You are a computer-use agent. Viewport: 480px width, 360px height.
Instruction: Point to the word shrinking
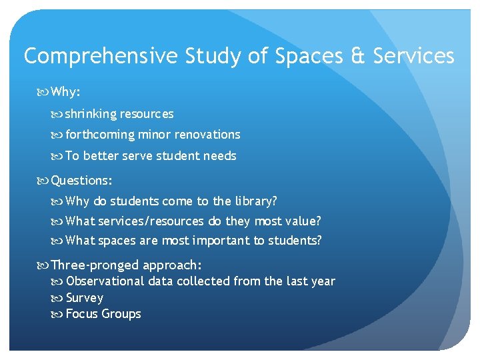pos(91,114)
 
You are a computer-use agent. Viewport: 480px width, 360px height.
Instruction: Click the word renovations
pos(207,135)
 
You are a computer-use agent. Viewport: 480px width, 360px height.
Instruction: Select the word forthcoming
pos(100,135)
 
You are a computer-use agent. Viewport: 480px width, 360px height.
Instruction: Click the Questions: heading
pos(81,180)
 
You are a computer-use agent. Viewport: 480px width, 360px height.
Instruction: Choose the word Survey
pos(85,298)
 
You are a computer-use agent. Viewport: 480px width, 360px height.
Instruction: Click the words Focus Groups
pos(103,314)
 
